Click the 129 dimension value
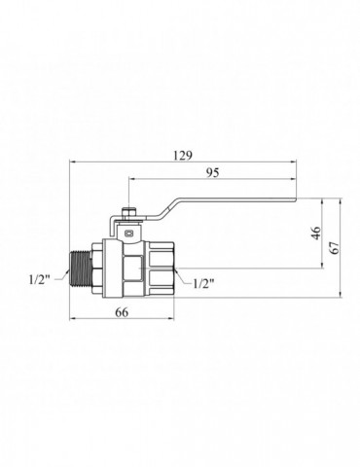183,156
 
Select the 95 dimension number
212,173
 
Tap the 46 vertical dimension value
316,233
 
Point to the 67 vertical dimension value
335,248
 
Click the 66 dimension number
122,312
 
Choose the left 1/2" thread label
40,279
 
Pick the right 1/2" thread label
203,284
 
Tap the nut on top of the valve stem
129,213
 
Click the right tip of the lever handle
297,199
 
